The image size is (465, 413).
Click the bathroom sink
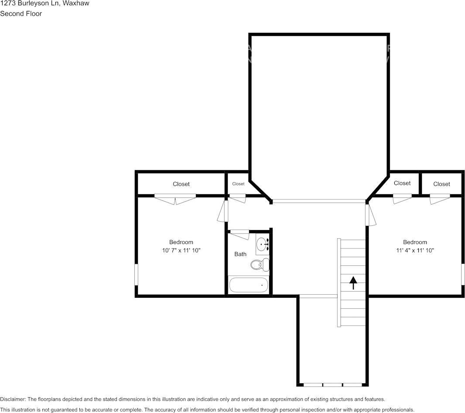(262, 244)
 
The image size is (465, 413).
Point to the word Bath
(240, 254)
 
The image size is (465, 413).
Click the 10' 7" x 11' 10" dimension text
(181, 251)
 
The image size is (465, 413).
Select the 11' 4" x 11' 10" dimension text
(415, 251)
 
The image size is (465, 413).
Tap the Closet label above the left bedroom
(181, 184)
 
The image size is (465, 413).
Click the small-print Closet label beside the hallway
(238, 184)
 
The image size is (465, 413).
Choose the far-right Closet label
(441, 184)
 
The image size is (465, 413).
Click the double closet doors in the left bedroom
(175, 199)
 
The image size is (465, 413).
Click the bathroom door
(239, 234)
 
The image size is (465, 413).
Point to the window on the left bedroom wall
(137, 275)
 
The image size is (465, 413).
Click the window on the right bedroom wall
(463, 275)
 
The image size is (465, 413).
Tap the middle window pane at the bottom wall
(332, 385)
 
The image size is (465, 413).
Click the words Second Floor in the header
(21, 14)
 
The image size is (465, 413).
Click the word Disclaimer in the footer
(13, 399)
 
